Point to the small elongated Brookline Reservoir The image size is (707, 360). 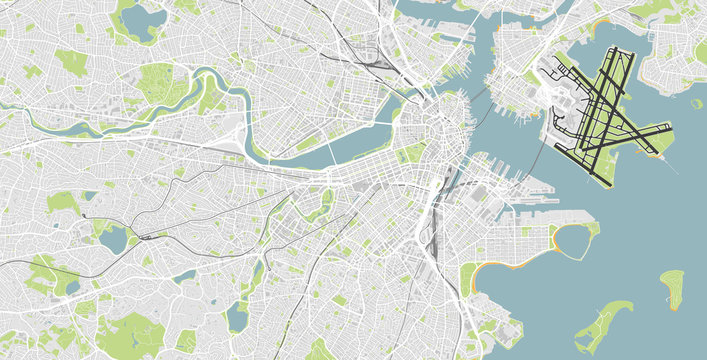184,276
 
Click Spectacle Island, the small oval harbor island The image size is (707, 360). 672,286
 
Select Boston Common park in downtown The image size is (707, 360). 411,153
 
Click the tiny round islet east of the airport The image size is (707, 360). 696,103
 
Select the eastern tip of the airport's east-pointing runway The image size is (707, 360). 669,126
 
